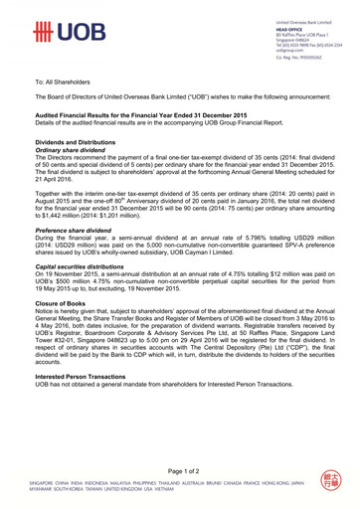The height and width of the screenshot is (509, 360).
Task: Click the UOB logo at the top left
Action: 62,33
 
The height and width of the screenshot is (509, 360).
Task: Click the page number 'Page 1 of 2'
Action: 180,469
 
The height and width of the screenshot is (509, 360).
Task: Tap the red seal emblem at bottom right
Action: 332,483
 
